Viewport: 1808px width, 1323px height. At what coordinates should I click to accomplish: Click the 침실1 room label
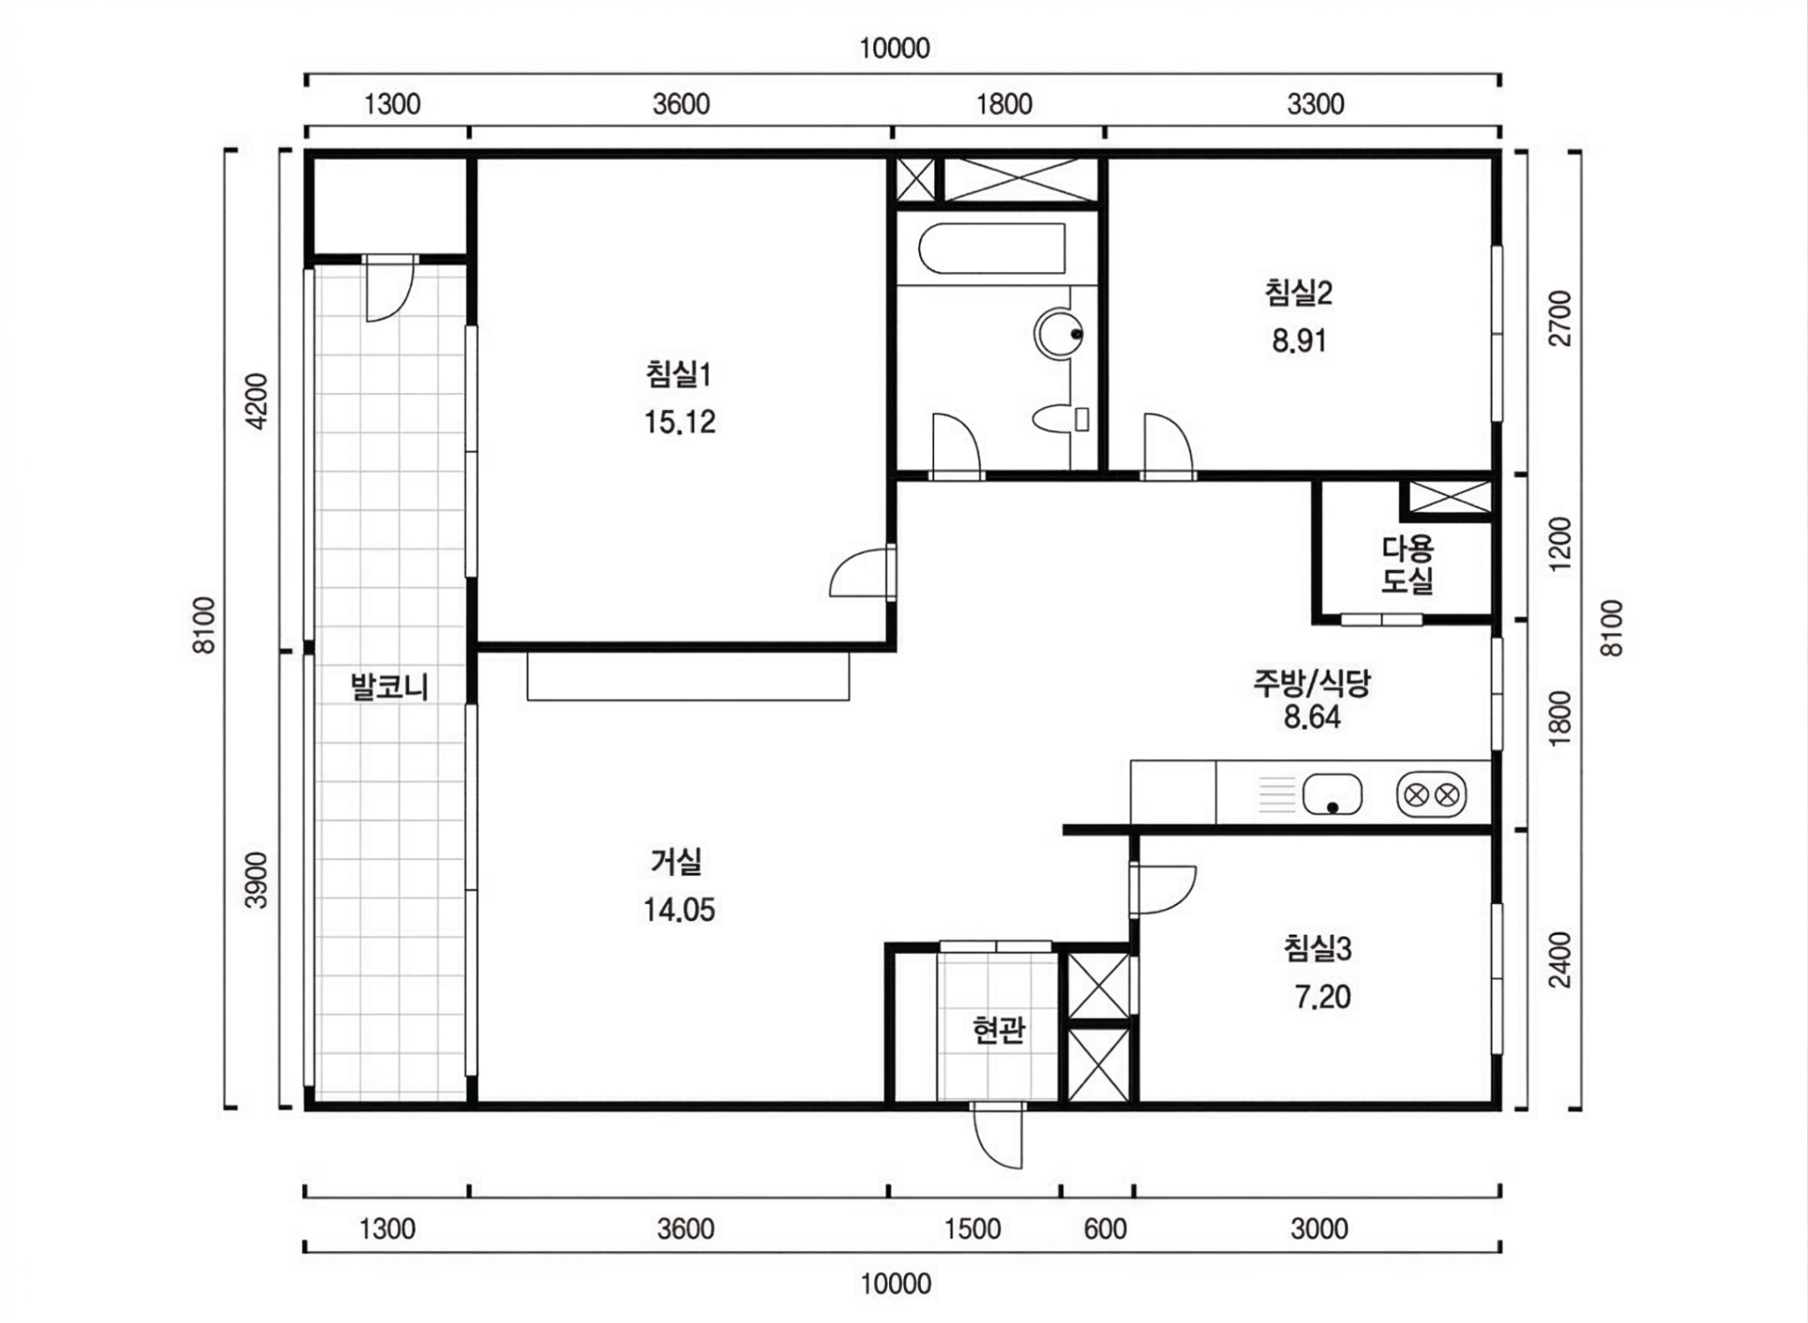[x=679, y=374]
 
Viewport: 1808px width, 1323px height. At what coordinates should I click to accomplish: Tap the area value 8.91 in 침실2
[x=1299, y=341]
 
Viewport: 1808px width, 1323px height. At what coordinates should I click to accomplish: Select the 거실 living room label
[x=677, y=861]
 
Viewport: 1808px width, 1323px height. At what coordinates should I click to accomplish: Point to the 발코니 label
[x=389, y=687]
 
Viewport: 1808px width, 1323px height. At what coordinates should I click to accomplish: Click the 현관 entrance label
[x=999, y=1030]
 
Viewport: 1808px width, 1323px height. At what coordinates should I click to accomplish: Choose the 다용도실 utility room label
[x=1407, y=564]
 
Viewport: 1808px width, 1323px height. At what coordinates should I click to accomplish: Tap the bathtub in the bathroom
[x=992, y=248]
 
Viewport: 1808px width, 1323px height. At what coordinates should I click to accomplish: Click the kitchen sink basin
[x=1332, y=794]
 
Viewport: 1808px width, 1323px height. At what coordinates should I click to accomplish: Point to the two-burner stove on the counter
[x=1432, y=795]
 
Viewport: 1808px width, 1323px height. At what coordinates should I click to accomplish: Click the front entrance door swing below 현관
[x=997, y=1135]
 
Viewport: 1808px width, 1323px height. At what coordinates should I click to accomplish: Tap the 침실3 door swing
[x=1164, y=890]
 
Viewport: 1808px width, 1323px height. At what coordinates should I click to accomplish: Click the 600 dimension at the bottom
[x=1105, y=1229]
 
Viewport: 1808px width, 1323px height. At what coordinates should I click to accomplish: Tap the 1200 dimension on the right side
[x=1559, y=544]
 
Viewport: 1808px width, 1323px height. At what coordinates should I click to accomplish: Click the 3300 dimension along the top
[x=1316, y=104]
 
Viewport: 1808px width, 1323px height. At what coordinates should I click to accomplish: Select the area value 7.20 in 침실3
[x=1323, y=997]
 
